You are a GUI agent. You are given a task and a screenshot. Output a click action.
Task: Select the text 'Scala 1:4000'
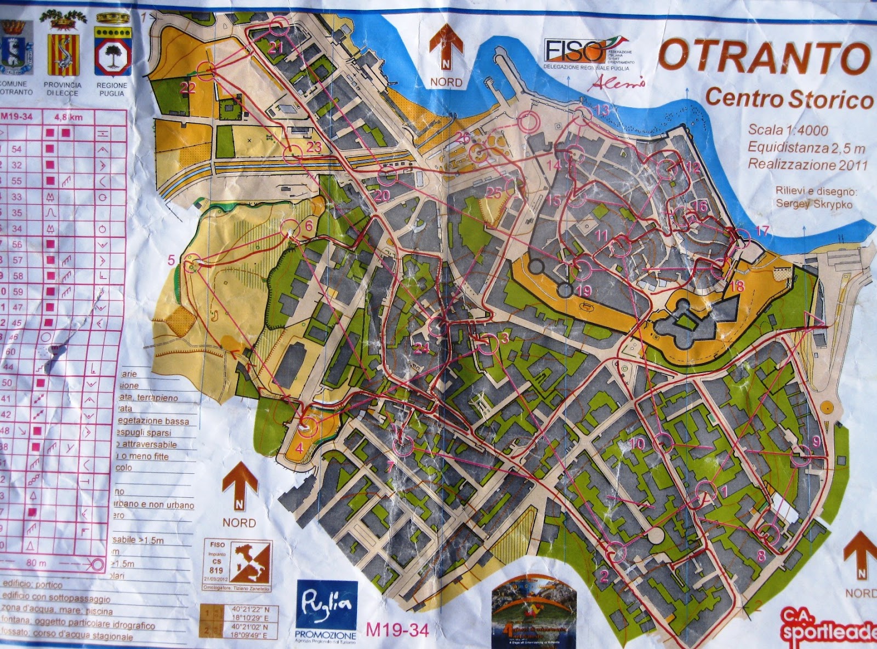tap(788, 130)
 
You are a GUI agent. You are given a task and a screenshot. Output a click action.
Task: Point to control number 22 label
tap(188, 88)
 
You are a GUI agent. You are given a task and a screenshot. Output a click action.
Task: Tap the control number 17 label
tap(762, 231)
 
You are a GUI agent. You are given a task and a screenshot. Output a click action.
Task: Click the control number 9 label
tap(816, 441)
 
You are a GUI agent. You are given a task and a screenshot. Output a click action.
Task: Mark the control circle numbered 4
tap(307, 426)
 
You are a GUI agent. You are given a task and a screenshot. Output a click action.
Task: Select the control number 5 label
tap(172, 260)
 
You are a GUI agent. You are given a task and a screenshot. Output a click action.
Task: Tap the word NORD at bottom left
tap(239, 522)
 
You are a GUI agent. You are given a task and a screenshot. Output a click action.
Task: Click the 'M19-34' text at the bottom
tap(397, 630)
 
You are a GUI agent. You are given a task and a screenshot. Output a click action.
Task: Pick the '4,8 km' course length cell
tap(69, 117)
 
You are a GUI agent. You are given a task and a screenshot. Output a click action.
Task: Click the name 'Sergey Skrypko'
tap(814, 204)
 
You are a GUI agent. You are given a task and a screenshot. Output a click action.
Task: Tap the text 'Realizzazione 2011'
tap(808, 164)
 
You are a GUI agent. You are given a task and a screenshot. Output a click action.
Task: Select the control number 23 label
tap(314, 147)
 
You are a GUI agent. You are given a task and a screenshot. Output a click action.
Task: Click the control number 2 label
tap(604, 576)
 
